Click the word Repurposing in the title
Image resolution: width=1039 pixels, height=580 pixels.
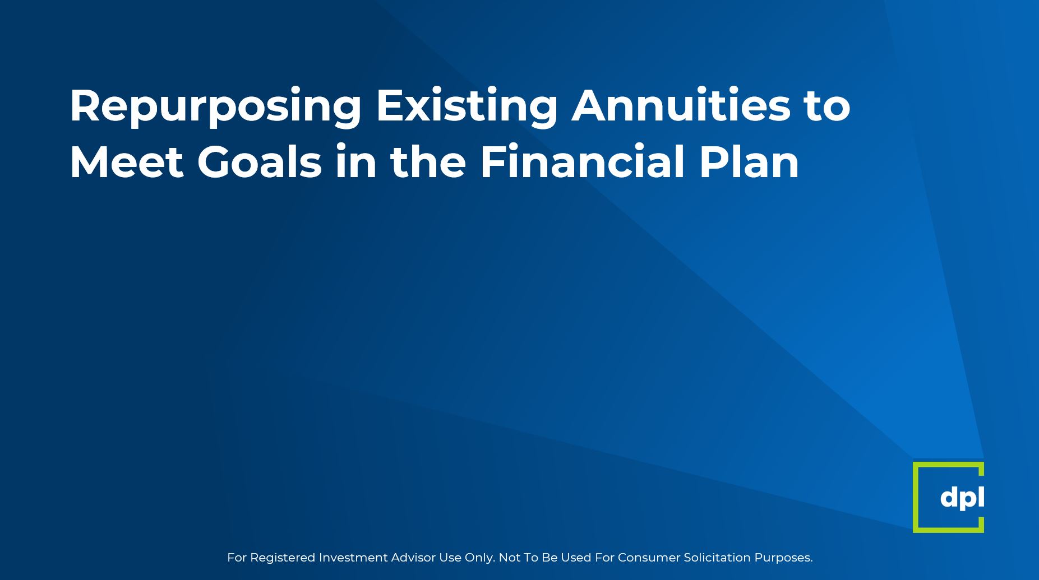click(216, 107)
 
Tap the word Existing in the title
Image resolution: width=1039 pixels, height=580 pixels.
click(467, 107)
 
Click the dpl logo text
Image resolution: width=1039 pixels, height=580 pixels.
click(962, 498)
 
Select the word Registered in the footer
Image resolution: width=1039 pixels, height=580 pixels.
click(283, 558)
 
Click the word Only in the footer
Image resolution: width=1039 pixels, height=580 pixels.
click(480, 558)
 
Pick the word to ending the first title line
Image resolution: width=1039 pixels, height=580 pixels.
click(827, 107)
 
